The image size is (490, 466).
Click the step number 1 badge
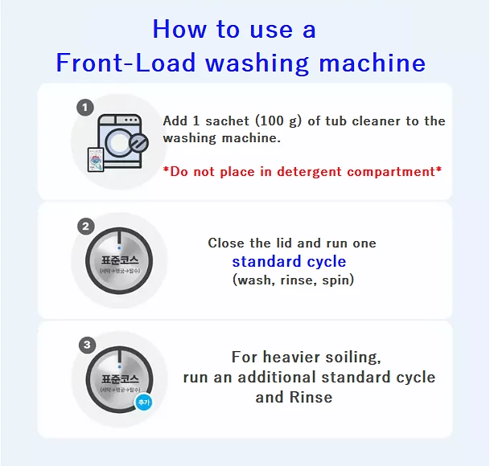click(x=85, y=108)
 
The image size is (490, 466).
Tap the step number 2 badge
click(x=85, y=227)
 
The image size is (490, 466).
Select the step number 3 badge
click(x=85, y=345)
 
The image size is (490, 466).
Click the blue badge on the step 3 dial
click(x=143, y=402)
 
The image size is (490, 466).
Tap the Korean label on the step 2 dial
click(x=120, y=261)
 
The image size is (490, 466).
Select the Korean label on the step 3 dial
click(x=120, y=379)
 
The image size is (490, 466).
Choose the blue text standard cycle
click(x=289, y=262)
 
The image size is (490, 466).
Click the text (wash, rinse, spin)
click(x=293, y=280)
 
